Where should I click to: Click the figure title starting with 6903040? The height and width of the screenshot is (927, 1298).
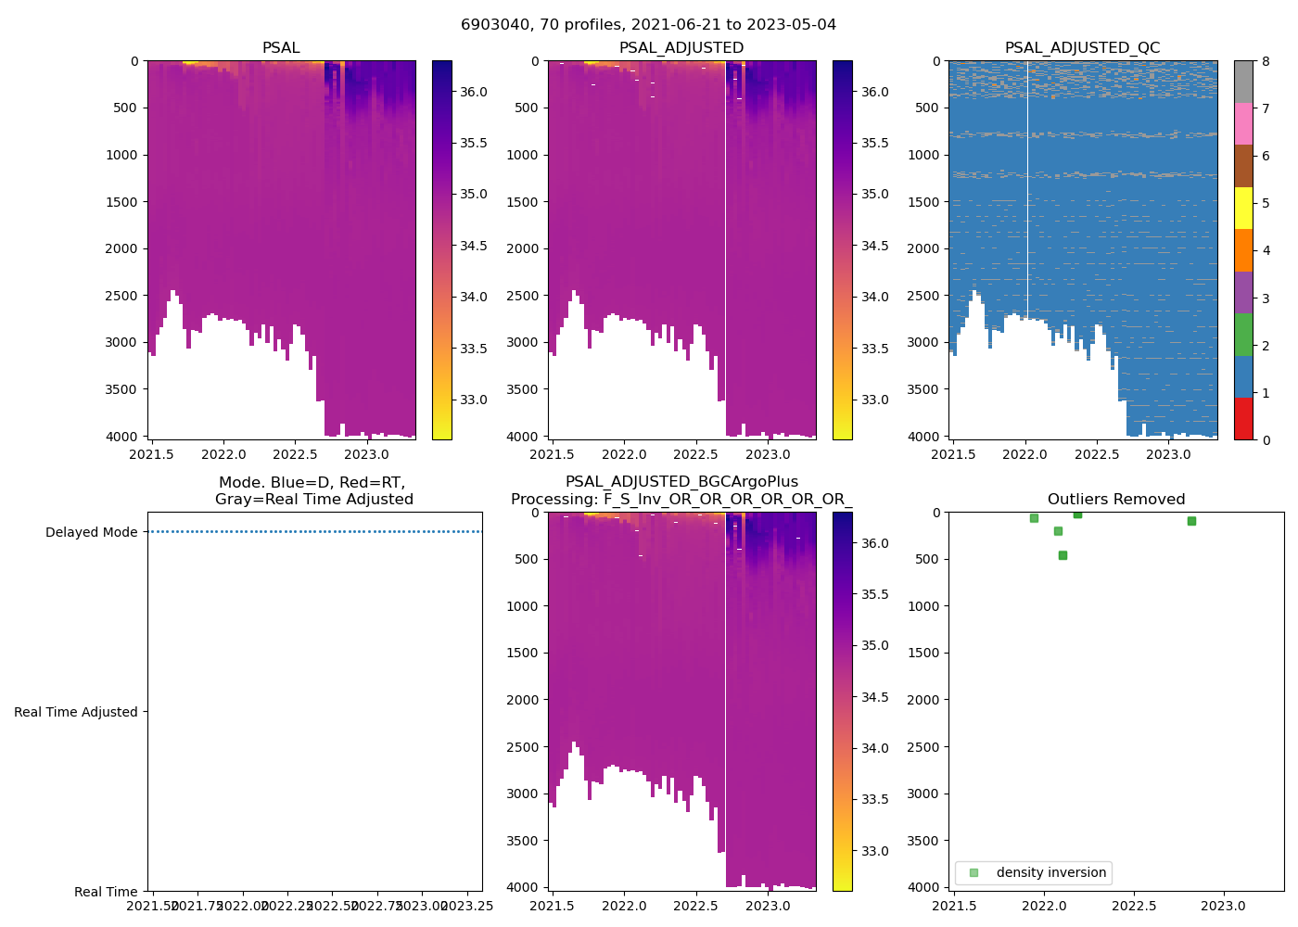[648, 25]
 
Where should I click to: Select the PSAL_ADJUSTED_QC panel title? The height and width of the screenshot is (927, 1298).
[1082, 48]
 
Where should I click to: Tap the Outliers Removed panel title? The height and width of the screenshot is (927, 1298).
[1116, 500]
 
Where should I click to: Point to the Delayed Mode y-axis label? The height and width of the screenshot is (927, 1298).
[91, 532]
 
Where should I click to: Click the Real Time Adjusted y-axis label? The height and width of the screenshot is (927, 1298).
[76, 712]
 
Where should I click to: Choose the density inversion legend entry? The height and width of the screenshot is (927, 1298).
[1050, 872]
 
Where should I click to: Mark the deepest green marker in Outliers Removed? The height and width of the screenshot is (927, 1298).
[1063, 555]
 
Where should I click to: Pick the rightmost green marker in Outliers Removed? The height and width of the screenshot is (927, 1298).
[1191, 521]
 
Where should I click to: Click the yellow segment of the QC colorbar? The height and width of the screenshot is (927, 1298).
[1243, 208]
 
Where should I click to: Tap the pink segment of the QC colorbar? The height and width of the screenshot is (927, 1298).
[1243, 123]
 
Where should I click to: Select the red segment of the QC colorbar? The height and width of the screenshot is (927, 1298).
[1243, 418]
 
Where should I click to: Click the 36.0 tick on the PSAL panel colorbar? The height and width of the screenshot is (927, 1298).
[474, 92]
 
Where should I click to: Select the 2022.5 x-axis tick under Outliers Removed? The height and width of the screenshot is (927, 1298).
[1134, 907]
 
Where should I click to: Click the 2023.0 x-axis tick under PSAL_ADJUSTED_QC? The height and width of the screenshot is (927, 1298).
[1168, 455]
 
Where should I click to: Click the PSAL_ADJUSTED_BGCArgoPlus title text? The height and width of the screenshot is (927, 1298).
[681, 482]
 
